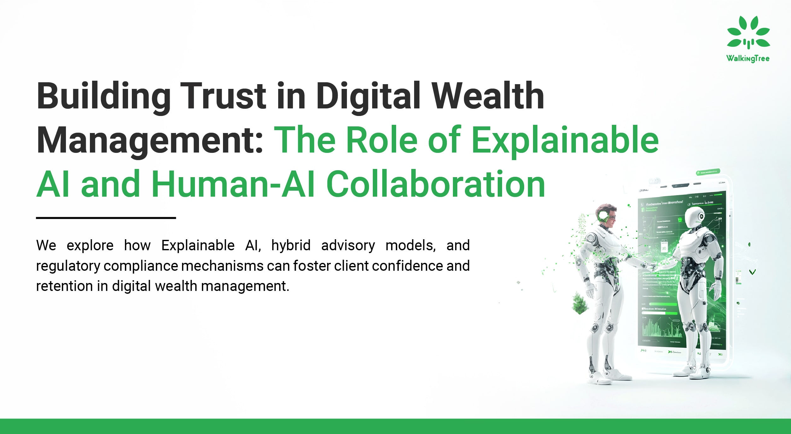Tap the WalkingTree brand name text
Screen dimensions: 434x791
point(748,59)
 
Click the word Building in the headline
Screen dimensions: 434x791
point(104,96)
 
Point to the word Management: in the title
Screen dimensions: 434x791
point(150,140)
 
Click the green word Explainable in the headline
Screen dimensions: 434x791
point(565,140)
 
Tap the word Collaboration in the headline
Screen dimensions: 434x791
point(436,184)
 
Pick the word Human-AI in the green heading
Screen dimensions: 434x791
point(233,184)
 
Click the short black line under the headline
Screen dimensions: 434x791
point(106,218)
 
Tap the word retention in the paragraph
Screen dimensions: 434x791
point(64,286)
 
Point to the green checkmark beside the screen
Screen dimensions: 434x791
point(753,272)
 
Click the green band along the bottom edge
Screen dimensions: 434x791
point(396,426)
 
